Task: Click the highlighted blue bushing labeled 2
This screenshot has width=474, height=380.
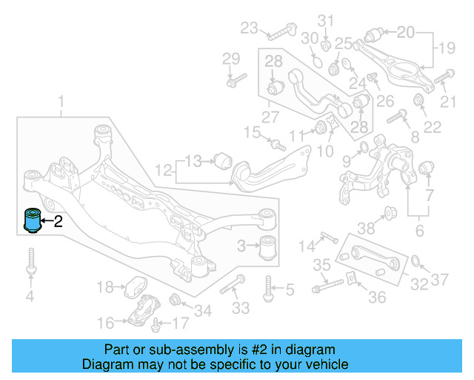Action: pos(33,220)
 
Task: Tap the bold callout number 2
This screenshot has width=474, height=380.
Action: pos(59,220)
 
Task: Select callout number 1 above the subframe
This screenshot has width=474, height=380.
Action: pos(61,101)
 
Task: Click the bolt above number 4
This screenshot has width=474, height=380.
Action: pos(30,262)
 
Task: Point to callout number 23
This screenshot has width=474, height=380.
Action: pos(249,29)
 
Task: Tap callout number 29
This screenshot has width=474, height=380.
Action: pos(231,59)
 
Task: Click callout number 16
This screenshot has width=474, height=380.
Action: pos(106,322)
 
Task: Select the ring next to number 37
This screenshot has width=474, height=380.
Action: pos(417,261)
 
